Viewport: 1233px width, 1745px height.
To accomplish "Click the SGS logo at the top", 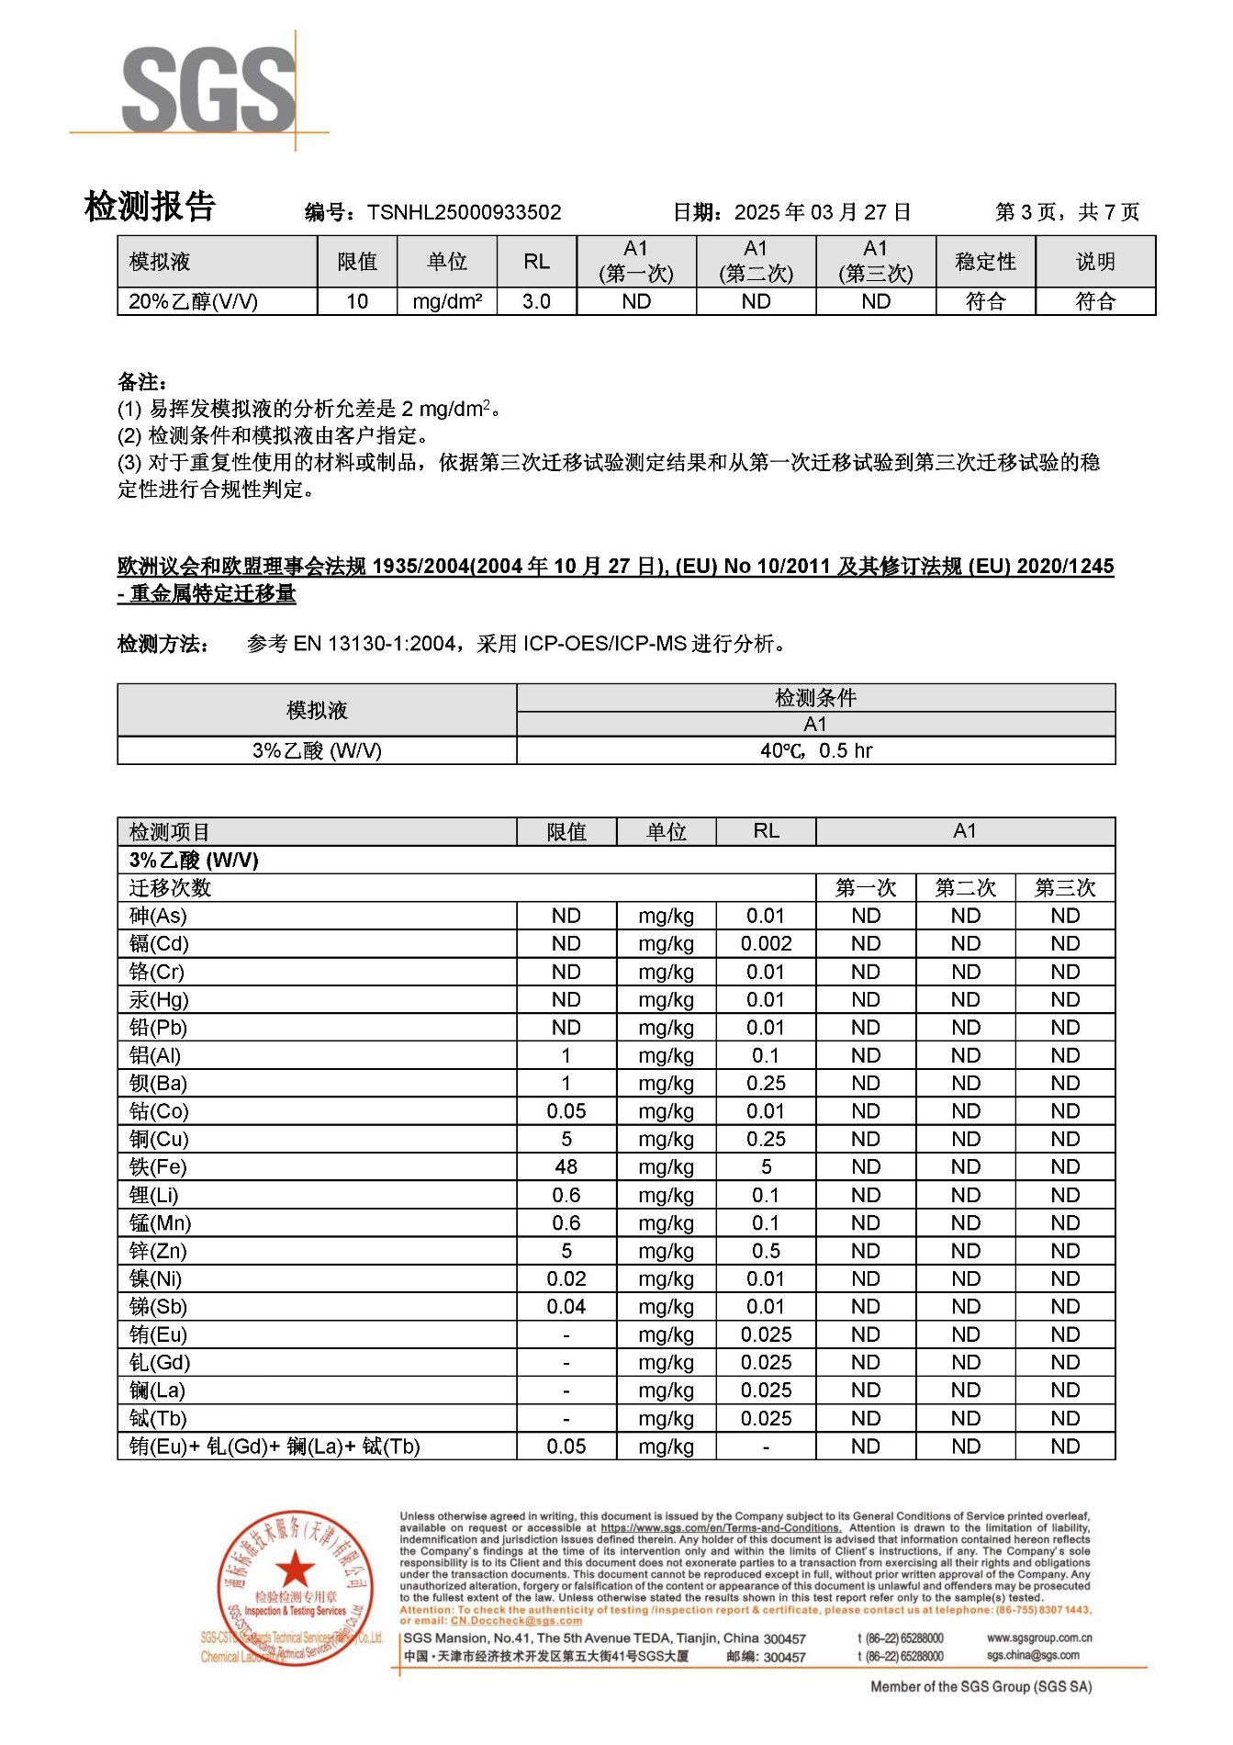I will (208, 89).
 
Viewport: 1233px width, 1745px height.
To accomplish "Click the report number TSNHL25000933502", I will (464, 213).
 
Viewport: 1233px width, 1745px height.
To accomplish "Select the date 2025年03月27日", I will (823, 213).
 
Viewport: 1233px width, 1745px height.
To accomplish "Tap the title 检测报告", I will (150, 207).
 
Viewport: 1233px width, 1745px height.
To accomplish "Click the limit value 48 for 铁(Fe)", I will (566, 1167).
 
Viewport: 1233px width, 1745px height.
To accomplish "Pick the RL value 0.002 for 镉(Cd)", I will (766, 944).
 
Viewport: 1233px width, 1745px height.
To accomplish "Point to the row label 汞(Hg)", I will (159, 1000).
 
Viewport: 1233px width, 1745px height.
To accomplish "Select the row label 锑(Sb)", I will (158, 1307).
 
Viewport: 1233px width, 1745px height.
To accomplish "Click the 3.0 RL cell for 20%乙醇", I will (536, 302).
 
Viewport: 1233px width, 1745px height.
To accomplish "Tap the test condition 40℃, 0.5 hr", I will (815, 751).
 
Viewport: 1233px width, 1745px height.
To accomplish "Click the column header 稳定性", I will (985, 262).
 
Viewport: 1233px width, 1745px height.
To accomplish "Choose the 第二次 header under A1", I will (965, 888).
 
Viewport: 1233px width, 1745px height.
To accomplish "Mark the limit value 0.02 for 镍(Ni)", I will (566, 1279).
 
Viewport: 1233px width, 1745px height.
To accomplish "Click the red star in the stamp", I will (295, 1568).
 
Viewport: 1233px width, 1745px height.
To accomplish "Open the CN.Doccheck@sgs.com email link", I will (516, 1621).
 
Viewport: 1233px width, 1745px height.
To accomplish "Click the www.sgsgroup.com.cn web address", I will (1039, 1638).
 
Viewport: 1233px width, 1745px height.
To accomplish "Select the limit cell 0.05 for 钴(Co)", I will (566, 1112).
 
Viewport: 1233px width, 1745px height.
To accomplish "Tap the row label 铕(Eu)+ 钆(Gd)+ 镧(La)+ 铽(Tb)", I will (275, 1447).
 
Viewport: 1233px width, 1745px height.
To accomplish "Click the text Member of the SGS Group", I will (981, 1687).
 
